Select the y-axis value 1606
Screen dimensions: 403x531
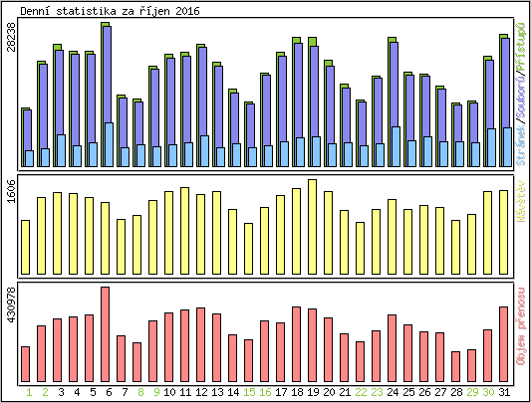pos(11,191)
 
